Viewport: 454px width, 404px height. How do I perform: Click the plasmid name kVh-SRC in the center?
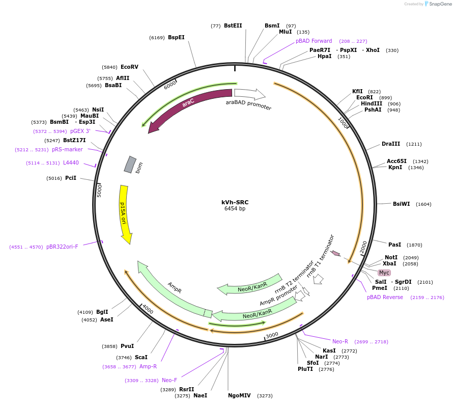235,202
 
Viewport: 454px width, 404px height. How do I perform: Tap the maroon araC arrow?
185,104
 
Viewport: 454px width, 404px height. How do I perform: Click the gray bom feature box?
130,165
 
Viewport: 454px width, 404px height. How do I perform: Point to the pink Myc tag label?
384,273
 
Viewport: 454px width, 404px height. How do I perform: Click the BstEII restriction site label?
233,25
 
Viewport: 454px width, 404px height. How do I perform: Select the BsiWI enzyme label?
401,204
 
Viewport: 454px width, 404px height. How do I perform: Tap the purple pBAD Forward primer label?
314,41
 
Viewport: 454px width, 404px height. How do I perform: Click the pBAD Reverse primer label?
385,297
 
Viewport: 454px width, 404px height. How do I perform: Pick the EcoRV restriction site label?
129,67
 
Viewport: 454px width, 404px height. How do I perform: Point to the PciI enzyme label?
71,178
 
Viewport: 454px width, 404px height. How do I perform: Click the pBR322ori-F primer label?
62,247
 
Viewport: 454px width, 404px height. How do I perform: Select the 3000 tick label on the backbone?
272,335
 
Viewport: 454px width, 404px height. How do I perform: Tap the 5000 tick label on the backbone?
99,191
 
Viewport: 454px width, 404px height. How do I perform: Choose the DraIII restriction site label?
391,144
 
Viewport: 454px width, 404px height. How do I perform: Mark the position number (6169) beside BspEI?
157,38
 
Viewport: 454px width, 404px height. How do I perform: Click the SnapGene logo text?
440,4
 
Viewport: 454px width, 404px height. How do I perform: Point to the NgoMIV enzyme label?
239,395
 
